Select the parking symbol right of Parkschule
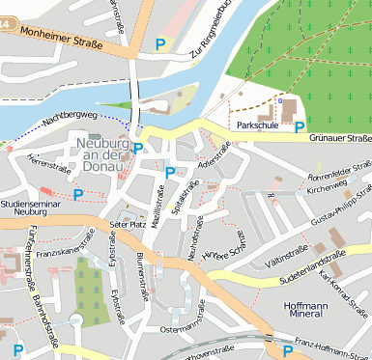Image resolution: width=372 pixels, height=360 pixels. (300, 125)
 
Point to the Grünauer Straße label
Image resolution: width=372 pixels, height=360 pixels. (340, 138)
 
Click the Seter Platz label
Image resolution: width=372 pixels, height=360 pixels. (127, 223)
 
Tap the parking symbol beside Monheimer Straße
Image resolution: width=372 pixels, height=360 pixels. (160, 43)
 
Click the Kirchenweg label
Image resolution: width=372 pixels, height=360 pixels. (326, 190)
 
